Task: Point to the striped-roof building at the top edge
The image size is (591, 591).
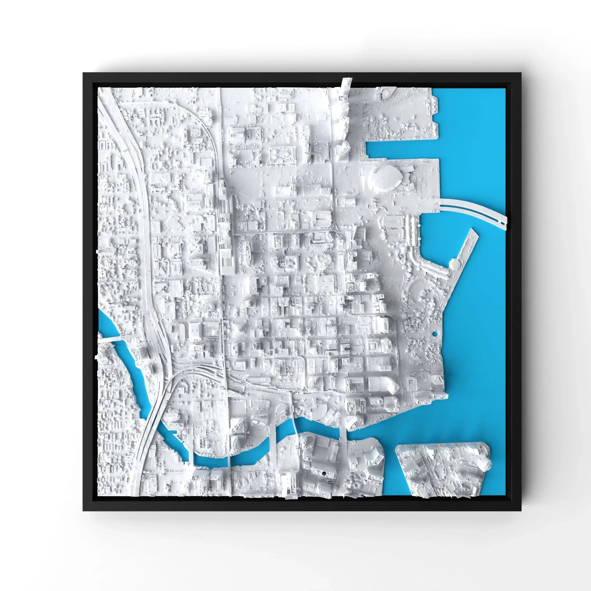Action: click(386, 91)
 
